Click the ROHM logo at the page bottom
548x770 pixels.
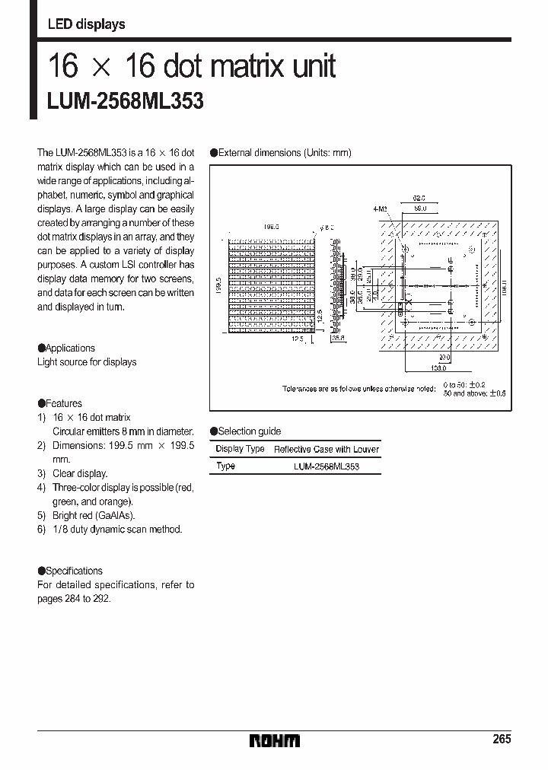click(x=276, y=740)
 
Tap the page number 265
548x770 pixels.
click(x=501, y=739)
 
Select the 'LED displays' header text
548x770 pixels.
click(x=86, y=24)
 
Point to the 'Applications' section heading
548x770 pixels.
click(x=70, y=348)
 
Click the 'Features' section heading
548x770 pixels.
click(x=63, y=403)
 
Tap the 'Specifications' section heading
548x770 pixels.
click(x=74, y=571)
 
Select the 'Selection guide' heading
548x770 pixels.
click(x=249, y=431)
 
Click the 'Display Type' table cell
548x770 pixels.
click(x=240, y=449)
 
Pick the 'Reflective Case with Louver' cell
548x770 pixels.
click(x=326, y=450)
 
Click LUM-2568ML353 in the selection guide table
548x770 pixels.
click(x=326, y=466)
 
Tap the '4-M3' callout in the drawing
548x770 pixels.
click(x=380, y=208)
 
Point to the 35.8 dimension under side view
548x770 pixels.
click(x=339, y=339)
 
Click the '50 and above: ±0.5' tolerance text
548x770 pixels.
click(x=474, y=393)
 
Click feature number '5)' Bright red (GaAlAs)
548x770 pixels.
click(x=43, y=515)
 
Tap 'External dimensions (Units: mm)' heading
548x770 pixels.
click(x=285, y=153)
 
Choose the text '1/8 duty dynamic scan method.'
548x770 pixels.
click(x=117, y=529)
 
